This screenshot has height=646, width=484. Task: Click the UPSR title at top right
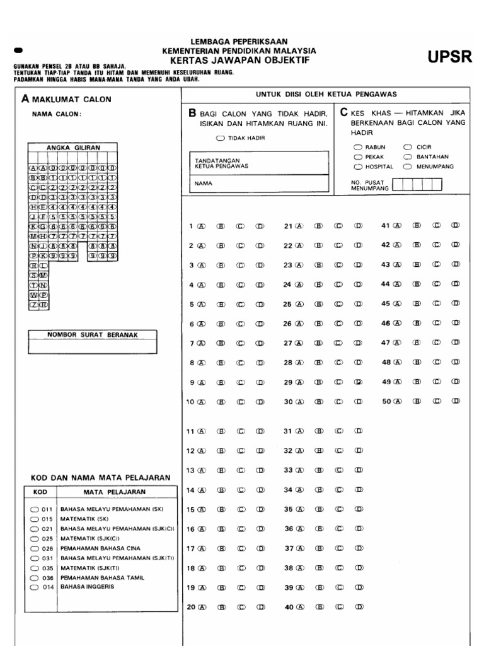point(450,57)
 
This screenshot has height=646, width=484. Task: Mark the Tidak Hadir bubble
point(219,138)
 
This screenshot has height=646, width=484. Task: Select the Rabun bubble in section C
point(357,147)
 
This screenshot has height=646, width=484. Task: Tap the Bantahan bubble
point(408,157)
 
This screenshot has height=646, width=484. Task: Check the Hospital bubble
point(357,167)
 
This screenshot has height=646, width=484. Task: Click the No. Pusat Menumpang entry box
point(417,184)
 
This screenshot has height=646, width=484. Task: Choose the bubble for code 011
point(34,508)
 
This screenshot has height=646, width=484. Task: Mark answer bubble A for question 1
point(202,226)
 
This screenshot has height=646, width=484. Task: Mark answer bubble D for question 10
point(260,402)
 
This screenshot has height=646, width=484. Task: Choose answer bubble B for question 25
point(320,304)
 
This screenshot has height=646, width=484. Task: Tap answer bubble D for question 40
point(358,608)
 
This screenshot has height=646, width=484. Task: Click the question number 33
point(288,470)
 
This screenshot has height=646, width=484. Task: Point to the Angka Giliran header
point(73,148)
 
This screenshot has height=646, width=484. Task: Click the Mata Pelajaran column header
point(114,491)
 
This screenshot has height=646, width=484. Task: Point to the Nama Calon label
point(57,114)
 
